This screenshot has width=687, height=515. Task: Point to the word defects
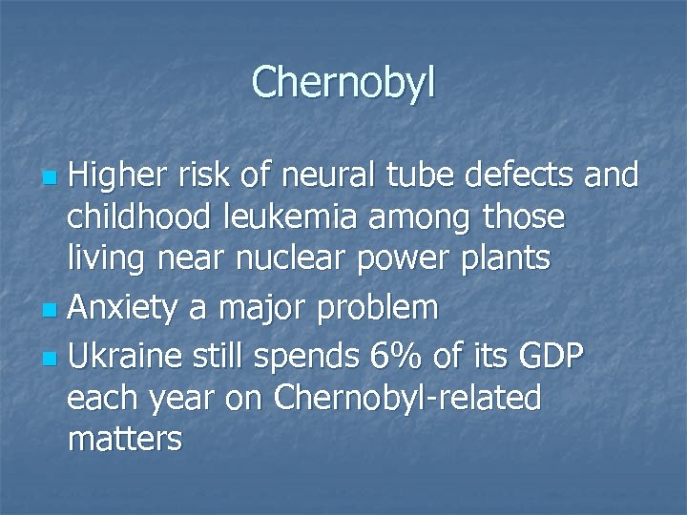point(516,175)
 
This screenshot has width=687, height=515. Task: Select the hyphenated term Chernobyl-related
point(407,398)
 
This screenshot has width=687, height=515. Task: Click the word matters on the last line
point(124,440)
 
